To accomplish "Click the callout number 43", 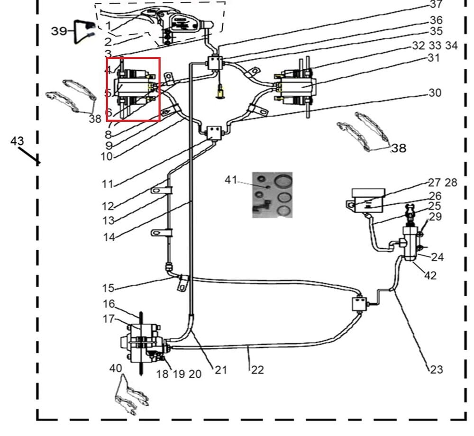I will tap(17, 141).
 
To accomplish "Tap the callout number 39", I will tap(59, 31).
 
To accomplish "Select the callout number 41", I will tap(231, 180).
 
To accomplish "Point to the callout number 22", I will tap(257, 370).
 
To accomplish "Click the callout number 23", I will tap(436, 369).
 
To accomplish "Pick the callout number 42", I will tap(430, 275).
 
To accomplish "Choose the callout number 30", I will tap(435, 92).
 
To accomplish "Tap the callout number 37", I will tap(436, 5).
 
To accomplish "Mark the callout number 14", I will tap(109, 237).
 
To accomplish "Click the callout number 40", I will tap(115, 368).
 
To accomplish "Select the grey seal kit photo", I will tap(272, 194).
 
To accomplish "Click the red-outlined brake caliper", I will tap(133, 89).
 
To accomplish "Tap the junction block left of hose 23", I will tap(359, 303).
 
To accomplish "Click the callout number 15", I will tap(109, 288).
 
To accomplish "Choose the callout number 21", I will tap(221, 370).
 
